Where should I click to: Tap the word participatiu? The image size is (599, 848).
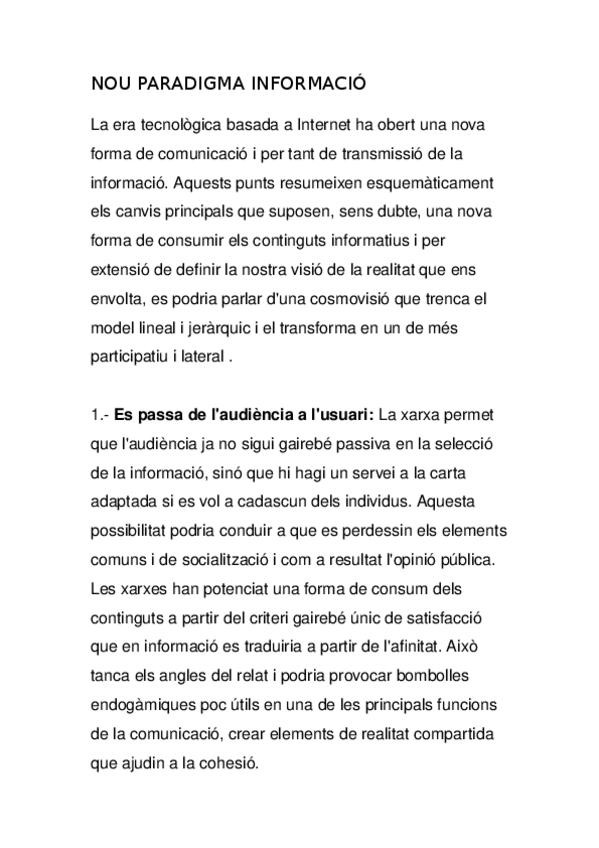(130, 357)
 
